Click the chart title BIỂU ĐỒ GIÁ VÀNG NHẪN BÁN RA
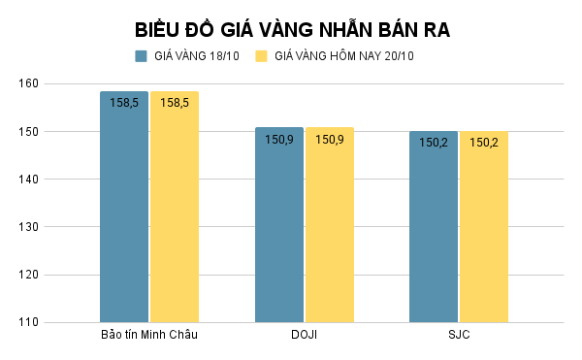coord(291,29)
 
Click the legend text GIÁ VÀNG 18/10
coord(196,56)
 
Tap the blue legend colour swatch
coord(142,56)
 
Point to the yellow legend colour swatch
coord(261,56)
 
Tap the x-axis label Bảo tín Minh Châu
coord(149,336)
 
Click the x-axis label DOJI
coord(304,336)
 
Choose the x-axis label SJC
coord(459,336)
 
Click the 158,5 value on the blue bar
coord(124,103)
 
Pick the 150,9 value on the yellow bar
coord(330,139)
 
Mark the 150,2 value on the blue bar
coord(434,143)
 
